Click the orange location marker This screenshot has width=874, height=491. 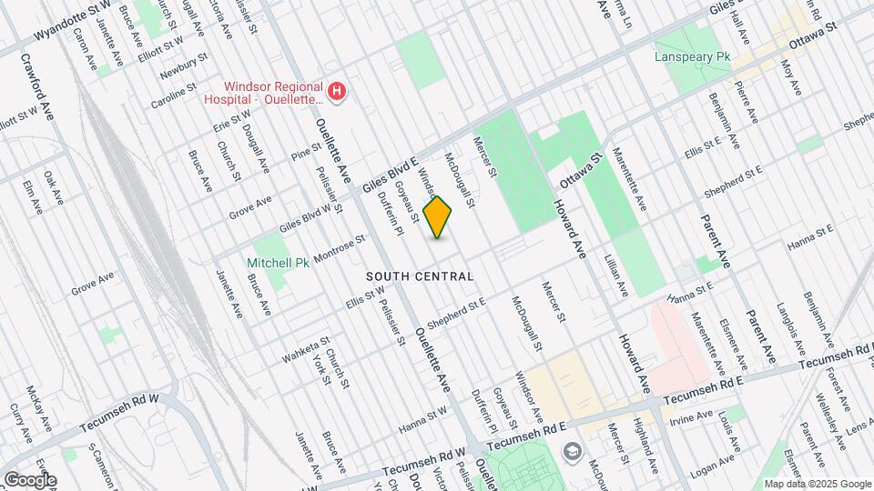pyautogui.click(x=438, y=217)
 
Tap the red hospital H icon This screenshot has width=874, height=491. pyautogui.click(x=337, y=91)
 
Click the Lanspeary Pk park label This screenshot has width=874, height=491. pyautogui.click(x=693, y=56)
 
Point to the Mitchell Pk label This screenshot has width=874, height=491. pyautogui.click(x=278, y=263)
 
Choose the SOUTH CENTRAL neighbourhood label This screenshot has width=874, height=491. pyautogui.click(x=420, y=276)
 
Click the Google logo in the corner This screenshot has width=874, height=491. pyautogui.click(x=30, y=479)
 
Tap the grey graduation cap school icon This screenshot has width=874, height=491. pyautogui.click(x=572, y=451)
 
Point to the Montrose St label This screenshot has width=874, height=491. pyautogui.click(x=340, y=246)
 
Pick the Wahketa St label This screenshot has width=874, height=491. pyautogui.click(x=305, y=348)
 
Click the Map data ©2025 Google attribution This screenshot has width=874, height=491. pyautogui.click(x=818, y=484)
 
